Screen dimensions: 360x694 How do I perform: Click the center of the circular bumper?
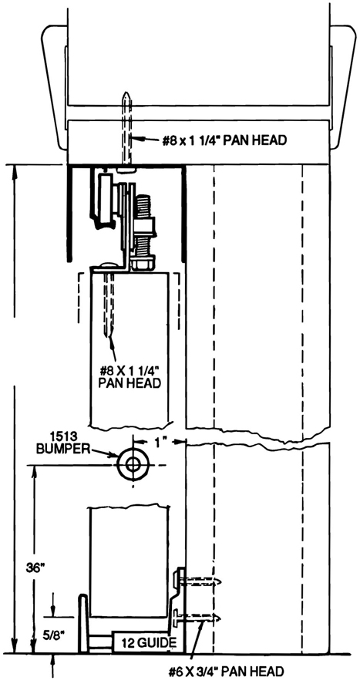(x=133, y=465)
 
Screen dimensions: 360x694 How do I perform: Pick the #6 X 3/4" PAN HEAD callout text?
(x=226, y=672)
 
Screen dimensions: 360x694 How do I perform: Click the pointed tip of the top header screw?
(x=126, y=93)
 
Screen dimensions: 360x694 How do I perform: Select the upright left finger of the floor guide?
(x=83, y=623)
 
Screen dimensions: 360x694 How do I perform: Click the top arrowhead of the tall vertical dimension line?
(x=15, y=171)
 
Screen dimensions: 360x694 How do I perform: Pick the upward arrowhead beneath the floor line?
(x=52, y=660)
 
